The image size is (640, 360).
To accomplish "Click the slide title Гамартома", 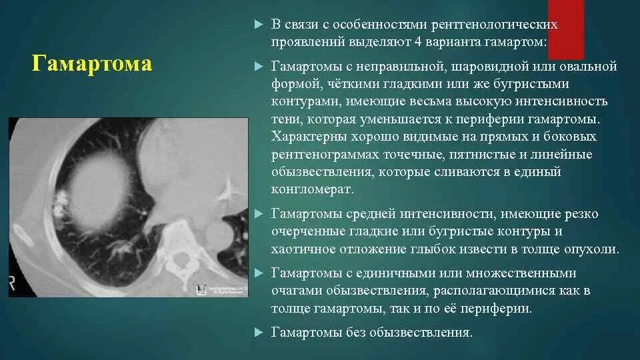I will (x=92, y=64).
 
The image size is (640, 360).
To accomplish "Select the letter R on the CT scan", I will (x=12, y=278).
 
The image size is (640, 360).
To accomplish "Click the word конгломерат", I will (x=311, y=189).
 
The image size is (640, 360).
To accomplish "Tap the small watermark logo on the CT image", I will (x=200, y=289).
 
